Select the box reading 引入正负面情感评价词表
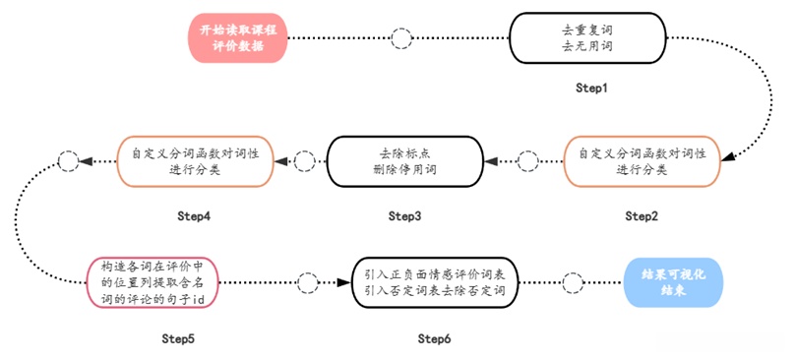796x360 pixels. pos(434,283)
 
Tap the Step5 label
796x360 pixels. pos(178,338)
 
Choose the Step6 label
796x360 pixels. pos(434,338)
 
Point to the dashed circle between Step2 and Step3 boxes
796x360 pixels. pos(528,160)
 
